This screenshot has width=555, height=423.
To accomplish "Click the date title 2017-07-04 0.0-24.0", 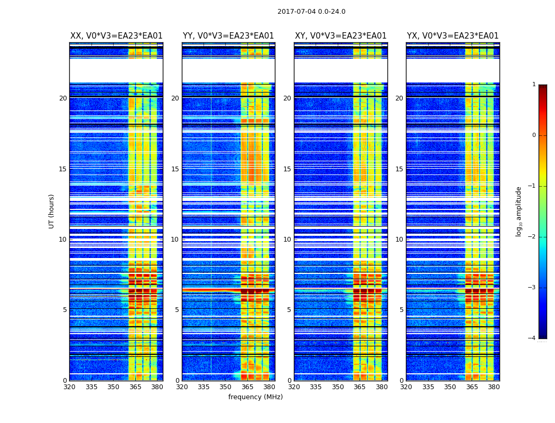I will (x=311, y=12).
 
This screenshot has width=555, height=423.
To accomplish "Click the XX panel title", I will (x=116, y=36).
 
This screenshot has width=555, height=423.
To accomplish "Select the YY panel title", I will (x=228, y=36).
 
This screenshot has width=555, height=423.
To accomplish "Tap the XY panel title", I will (x=340, y=36).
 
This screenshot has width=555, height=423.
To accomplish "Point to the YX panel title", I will (x=452, y=36).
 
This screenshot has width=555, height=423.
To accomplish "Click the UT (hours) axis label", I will (x=52, y=211).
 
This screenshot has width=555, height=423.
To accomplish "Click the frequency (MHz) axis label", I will (x=255, y=397).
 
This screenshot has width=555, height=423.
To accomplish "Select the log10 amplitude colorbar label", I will (x=519, y=211).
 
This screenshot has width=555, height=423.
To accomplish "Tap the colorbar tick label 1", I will (x=534, y=85).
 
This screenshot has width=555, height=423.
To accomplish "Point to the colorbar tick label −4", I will (x=532, y=338).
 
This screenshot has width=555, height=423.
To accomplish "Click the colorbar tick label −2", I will (x=532, y=237).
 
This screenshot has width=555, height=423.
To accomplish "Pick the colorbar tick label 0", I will (x=534, y=135).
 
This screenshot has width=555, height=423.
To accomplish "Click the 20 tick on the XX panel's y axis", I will (x=63, y=98).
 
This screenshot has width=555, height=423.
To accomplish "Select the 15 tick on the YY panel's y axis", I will (x=175, y=169).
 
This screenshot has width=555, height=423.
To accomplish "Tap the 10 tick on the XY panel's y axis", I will (x=287, y=240).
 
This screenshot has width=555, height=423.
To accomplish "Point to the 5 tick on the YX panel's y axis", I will (x=401, y=310).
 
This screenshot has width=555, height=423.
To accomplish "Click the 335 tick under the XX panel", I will (x=91, y=387).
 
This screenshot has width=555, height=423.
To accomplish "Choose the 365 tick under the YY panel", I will (x=247, y=387).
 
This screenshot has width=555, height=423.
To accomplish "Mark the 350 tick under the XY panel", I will (x=338, y=387).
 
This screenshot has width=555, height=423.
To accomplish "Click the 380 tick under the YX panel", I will (x=494, y=387).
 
